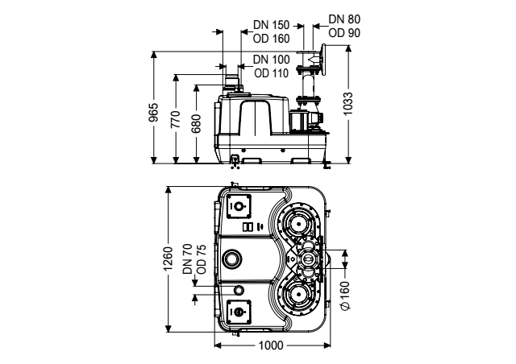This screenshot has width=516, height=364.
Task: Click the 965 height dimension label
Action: pyautogui.click(x=154, y=113)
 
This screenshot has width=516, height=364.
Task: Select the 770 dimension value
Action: pyautogui.click(x=176, y=119)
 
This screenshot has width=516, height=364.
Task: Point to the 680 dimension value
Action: pyautogui.click(x=196, y=123)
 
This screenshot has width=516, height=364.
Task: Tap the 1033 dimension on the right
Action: pyautogui.click(x=347, y=104)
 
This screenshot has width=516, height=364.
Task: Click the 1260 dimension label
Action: pyautogui.click(x=169, y=259)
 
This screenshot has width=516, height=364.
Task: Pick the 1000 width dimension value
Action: pyautogui.click(x=271, y=345)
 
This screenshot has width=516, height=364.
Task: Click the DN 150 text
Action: pyautogui.click(x=271, y=25)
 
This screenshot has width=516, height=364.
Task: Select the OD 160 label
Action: pyautogui.click(x=271, y=39)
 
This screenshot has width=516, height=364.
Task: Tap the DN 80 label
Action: pyautogui.click(x=344, y=19)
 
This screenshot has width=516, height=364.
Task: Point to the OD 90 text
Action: pyautogui.click(x=344, y=33)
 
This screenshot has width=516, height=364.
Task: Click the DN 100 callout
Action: pyautogui.click(x=272, y=60)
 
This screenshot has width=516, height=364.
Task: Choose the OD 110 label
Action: pyautogui.click(x=272, y=73)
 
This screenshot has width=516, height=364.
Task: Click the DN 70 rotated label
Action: pyautogui.click(x=187, y=259)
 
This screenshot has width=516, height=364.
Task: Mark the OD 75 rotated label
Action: pyautogui.click(x=201, y=259)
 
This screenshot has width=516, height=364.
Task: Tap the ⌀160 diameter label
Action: pyautogui.click(x=345, y=296)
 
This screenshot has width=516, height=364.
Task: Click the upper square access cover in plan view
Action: pyautogui.click(x=239, y=206)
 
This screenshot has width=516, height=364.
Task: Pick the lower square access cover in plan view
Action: pyautogui.click(x=239, y=312)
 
